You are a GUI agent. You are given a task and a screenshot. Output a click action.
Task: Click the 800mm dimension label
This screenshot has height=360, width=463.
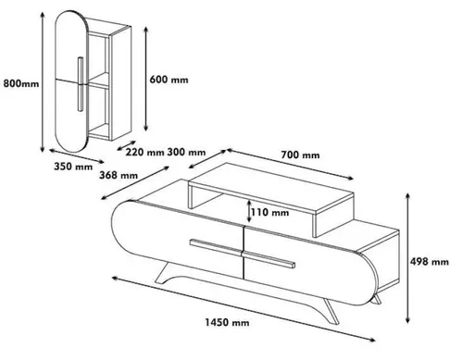[21, 83]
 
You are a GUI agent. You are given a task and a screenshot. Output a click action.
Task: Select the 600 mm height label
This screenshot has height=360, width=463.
[169, 80]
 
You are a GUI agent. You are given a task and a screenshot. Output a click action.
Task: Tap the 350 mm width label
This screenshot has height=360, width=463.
[73, 167]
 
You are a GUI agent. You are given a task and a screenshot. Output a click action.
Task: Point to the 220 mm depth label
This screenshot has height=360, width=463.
[144, 152]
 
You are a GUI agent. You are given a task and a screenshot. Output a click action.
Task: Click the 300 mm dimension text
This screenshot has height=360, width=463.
[186, 152]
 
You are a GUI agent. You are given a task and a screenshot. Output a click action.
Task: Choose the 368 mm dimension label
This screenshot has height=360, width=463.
[119, 175]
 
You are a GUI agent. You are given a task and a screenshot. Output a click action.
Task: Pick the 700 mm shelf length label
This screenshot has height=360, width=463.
[300, 155]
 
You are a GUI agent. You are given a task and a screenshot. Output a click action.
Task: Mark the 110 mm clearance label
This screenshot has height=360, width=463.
[269, 212]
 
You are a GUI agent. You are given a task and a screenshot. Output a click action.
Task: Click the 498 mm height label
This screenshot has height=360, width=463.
[430, 262]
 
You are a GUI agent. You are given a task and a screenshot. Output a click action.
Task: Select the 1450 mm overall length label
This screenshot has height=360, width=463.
[227, 323]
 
